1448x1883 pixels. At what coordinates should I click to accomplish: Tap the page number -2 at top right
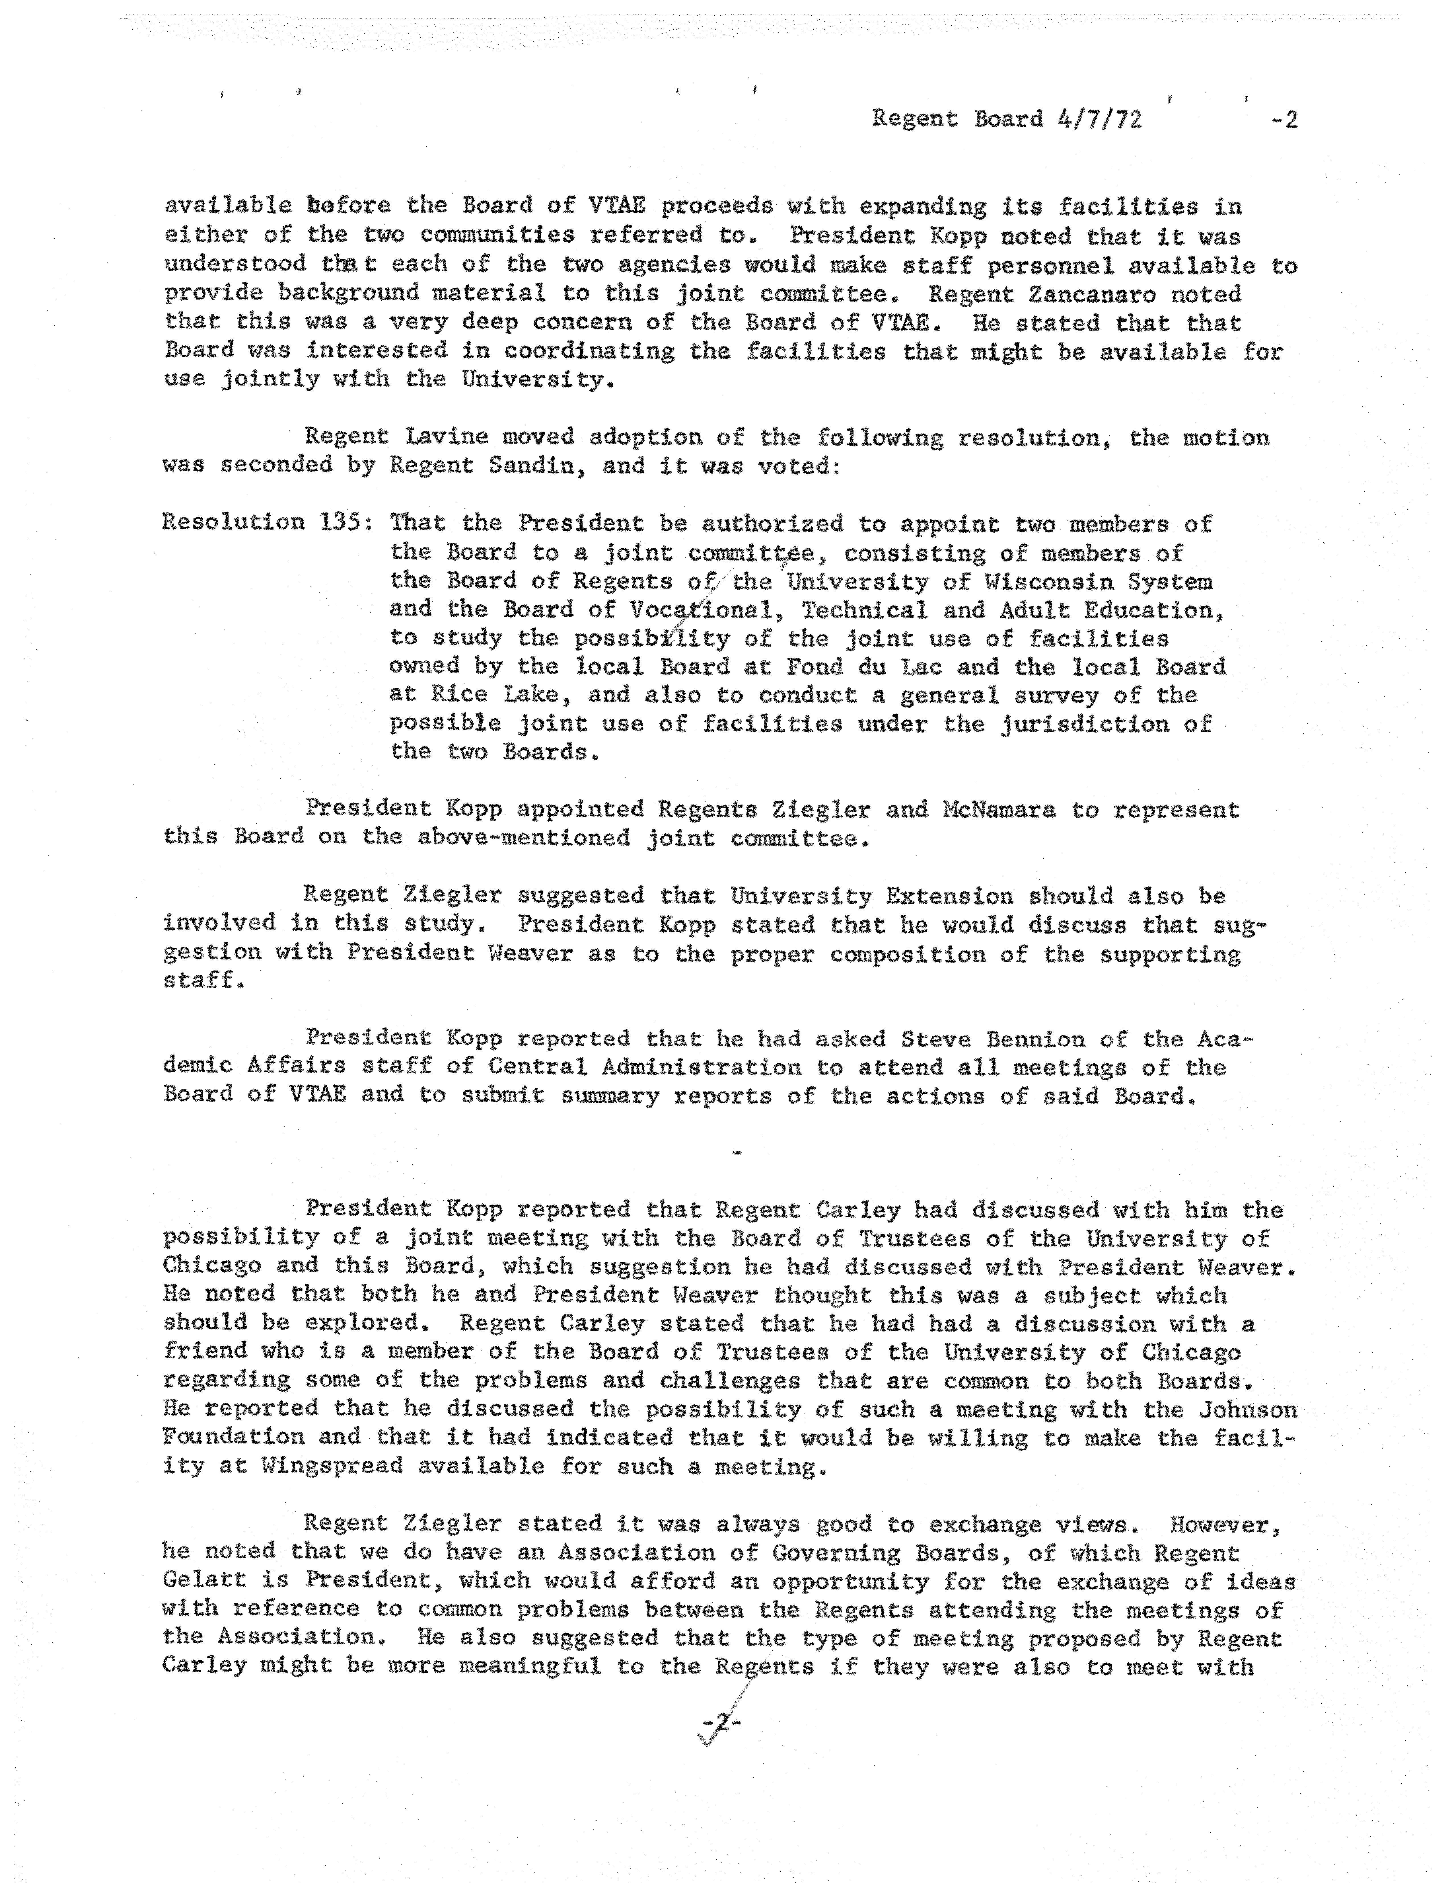1284,120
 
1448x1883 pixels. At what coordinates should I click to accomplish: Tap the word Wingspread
332,1466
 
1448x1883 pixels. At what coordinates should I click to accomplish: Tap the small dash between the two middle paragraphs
735,1152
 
